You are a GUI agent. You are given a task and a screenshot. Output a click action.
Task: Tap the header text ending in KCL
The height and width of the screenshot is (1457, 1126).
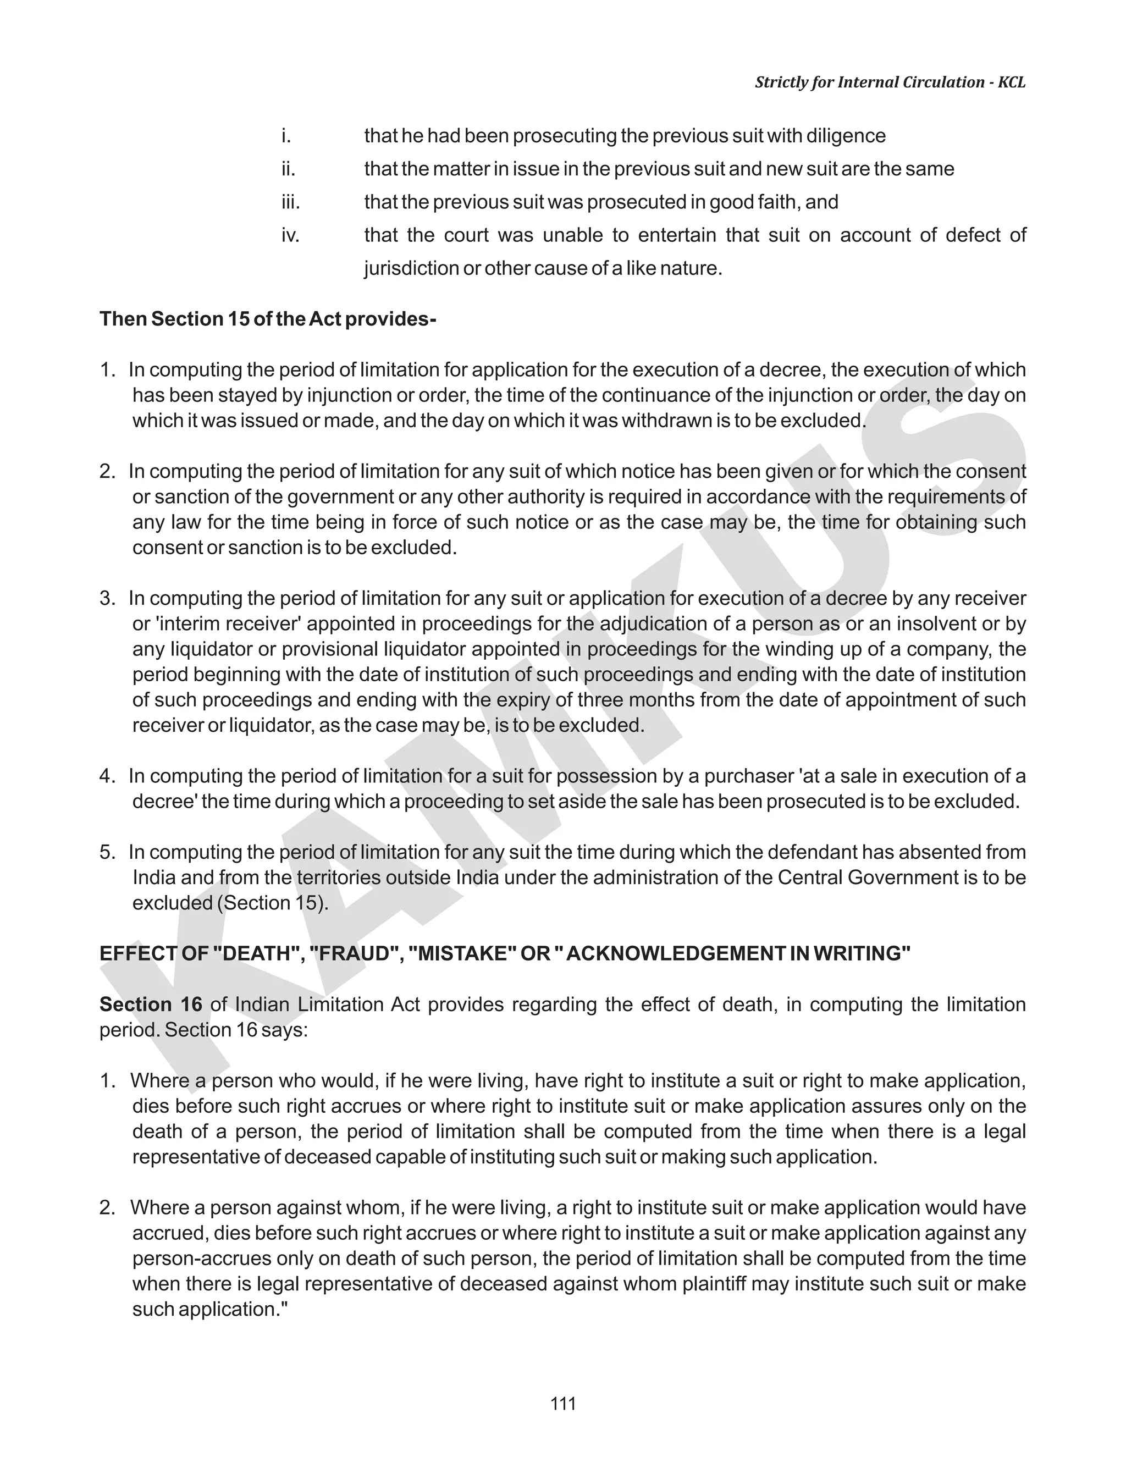(890, 82)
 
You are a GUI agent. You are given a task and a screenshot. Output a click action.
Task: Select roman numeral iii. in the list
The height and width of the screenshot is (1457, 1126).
(291, 202)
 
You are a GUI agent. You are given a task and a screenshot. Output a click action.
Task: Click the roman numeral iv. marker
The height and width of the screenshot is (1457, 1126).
(290, 235)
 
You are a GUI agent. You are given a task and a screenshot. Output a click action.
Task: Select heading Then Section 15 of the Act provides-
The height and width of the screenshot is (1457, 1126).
(268, 319)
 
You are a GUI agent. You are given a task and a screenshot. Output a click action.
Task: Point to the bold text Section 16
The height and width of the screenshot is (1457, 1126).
(151, 1004)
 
